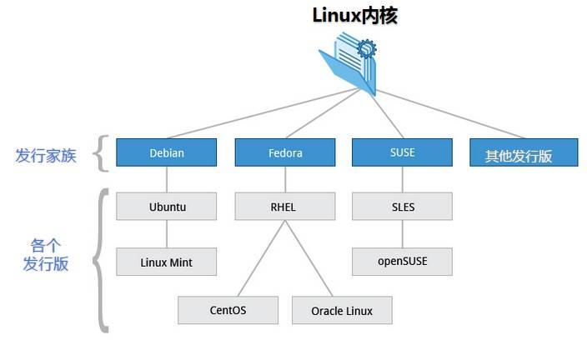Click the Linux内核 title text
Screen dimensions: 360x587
click(354, 15)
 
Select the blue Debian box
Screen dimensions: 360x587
click(166, 152)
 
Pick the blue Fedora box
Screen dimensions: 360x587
click(285, 152)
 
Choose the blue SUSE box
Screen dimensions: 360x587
click(402, 152)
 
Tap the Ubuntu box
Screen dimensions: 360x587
click(166, 207)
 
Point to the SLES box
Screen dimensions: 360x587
click(402, 207)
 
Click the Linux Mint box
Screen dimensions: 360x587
click(166, 262)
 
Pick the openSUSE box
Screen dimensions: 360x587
click(402, 262)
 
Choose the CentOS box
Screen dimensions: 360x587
click(228, 310)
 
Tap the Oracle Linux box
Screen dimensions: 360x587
click(342, 310)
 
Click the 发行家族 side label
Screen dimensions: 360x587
click(46, 155)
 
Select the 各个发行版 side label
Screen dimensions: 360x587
click(46, 255)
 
